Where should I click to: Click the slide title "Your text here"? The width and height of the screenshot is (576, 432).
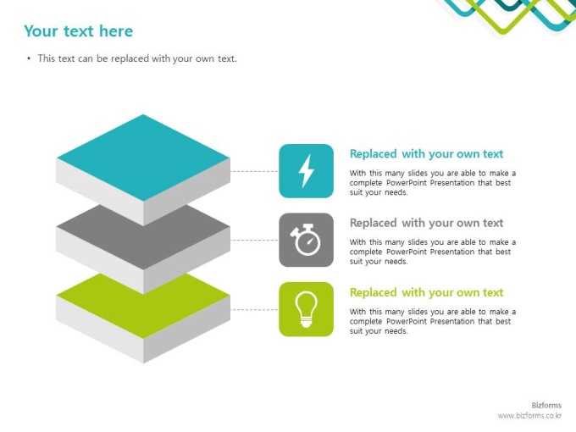78,31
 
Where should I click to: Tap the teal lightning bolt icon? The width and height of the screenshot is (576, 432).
306,171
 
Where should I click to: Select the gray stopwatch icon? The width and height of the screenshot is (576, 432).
306,240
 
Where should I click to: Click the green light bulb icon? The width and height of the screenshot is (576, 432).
306,309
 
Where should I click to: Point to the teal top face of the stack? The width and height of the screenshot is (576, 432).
143,158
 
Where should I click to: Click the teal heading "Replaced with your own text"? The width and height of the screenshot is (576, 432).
426,154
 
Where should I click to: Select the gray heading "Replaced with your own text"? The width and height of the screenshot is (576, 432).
426,223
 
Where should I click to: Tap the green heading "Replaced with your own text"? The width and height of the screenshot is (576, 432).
426,292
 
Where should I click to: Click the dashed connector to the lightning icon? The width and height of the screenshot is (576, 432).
254,171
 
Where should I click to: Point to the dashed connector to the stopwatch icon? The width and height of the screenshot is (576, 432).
254,240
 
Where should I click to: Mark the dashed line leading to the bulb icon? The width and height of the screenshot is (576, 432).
254,309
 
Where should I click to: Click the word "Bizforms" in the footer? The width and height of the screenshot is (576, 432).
546,405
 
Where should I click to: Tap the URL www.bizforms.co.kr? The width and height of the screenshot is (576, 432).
529,416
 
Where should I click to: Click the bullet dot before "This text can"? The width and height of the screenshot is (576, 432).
29,58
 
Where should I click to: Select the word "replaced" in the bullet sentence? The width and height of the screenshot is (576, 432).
130,58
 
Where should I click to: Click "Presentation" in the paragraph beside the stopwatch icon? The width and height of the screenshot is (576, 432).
452,252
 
